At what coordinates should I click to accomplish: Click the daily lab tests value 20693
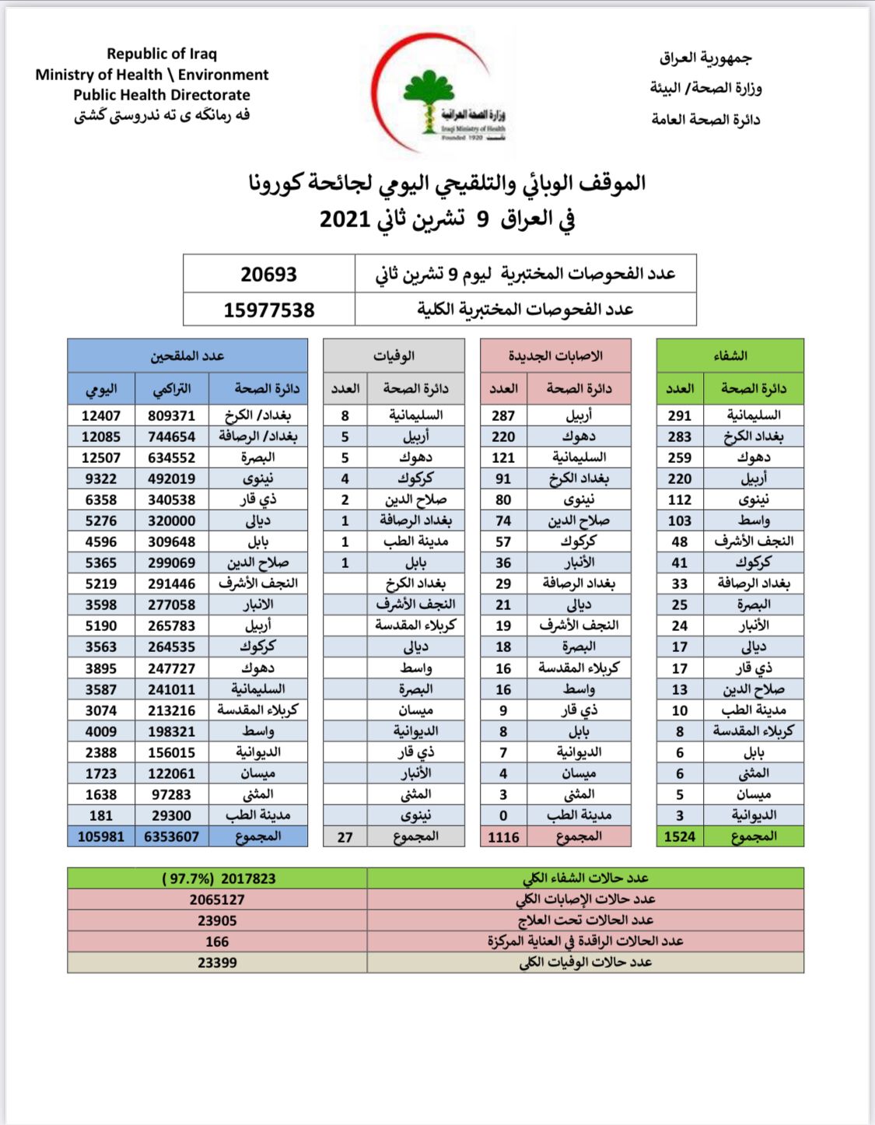pos(268,275)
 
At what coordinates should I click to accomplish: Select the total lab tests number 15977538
pos(268,310)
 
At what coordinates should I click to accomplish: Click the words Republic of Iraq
pos(162,54)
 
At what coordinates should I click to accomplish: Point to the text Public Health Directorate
pos(162,95)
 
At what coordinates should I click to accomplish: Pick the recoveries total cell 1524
pos(680,836)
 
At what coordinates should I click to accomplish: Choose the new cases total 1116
pos(503,836)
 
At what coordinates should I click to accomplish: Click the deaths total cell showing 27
pos(345,837)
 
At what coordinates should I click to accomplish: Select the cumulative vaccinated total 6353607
pos(171,836)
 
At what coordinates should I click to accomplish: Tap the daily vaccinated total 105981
pos(101,836)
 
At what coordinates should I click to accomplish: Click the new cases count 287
pos(503,415)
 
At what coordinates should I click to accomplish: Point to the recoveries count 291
pos(680,415)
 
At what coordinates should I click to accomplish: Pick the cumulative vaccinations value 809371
pos(171,415)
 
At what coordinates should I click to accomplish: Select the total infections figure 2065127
pos(217,899)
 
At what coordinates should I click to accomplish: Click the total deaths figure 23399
pos(217,962)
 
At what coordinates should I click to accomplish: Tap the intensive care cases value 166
pos(217,941)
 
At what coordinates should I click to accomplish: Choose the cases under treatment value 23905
pos(217,920)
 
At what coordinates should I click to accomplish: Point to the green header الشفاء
pos(730,356)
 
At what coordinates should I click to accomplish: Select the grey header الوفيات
pos(394,356)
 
